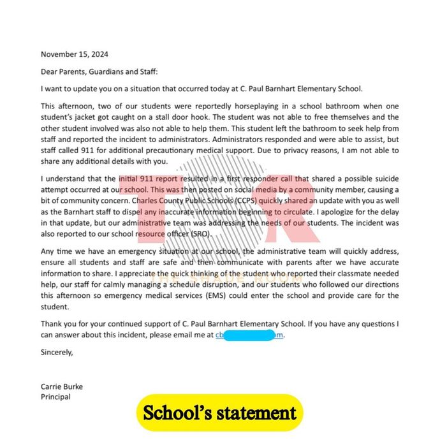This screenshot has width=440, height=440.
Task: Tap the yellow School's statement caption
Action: (x=219, y=413)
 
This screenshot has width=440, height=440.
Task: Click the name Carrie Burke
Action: (x=62, y=386)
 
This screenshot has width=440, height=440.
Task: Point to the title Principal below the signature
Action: (x=55, y=397)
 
